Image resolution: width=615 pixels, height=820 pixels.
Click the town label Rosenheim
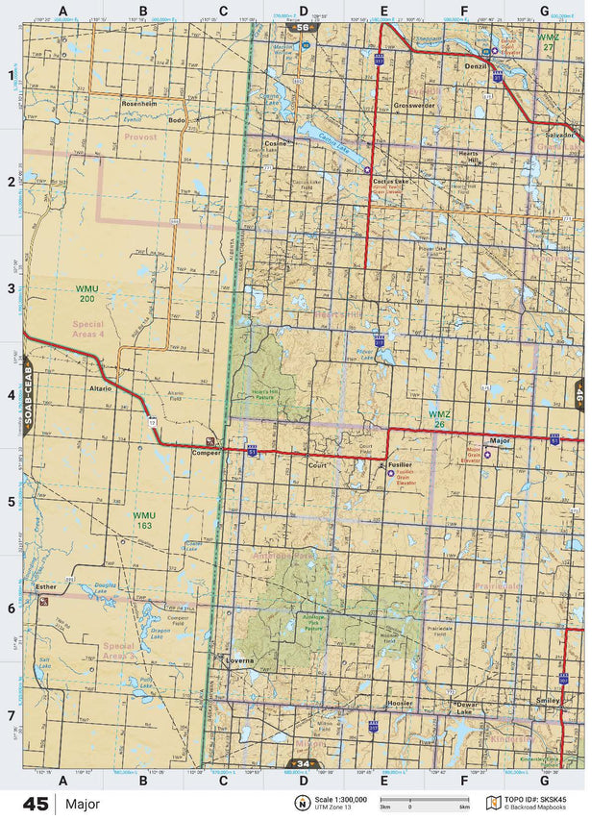[x=139, y=102]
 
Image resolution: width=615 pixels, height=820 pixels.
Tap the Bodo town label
[x=176, y=120]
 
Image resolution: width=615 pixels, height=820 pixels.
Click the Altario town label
[x=100, y=388]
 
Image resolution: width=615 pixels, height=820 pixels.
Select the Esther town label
[x=46, y=585]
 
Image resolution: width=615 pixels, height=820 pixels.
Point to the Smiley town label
[x=549, y=700]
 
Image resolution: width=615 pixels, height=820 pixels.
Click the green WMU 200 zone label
[x=87, y=294]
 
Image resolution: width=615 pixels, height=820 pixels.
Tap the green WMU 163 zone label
[x=144, y=521]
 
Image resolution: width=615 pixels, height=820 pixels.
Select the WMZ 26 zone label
[x=439, y=419]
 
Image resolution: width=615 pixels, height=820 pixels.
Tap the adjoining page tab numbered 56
[x=304, y=28]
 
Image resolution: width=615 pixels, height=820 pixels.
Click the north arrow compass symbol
[x=302, y=803]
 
